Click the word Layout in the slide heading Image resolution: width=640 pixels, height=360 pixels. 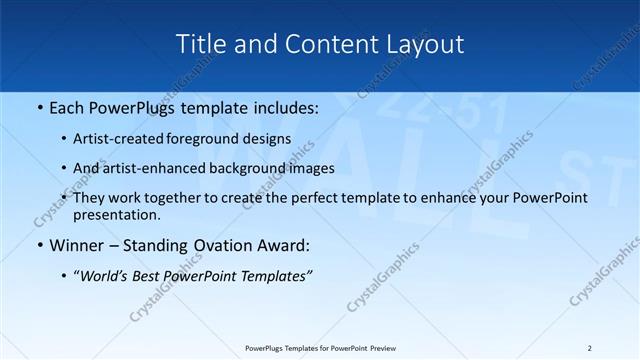pyautogui.click(x=427, y=44)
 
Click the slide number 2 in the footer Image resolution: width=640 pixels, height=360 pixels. pyautogui.click(x=590, y=348)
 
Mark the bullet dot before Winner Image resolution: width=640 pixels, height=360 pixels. pyautogui.click(x=39, y=246)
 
